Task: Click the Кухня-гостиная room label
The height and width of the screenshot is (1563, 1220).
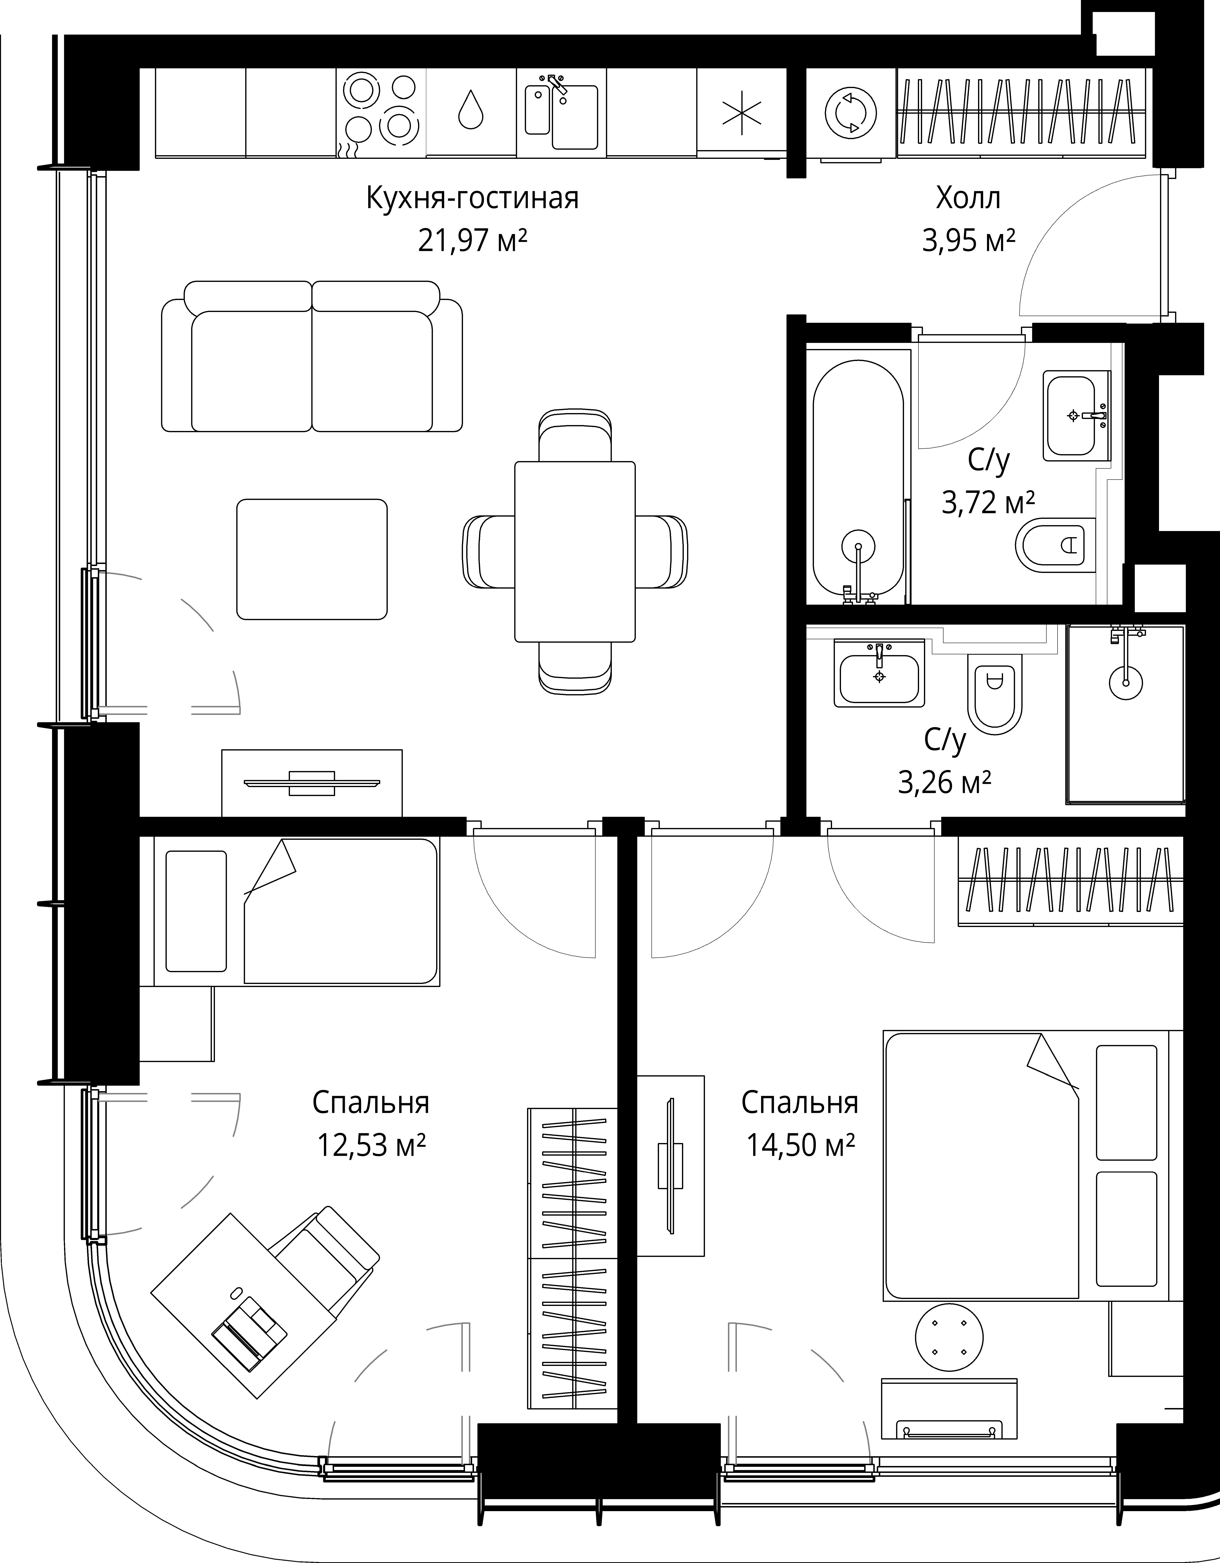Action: [472, 198]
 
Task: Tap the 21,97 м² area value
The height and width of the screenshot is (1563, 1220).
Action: [472, 241]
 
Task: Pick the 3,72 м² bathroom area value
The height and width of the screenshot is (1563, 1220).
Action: [988, 502]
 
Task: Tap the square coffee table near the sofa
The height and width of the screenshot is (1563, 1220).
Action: [312, 559]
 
